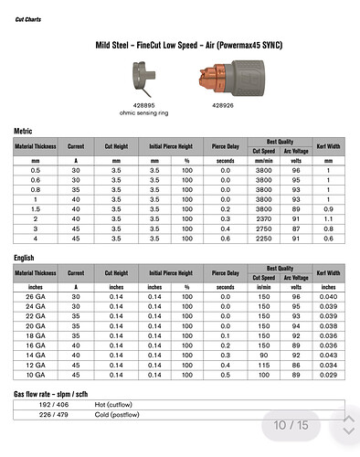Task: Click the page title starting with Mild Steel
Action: pos(189,46)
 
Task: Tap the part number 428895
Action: pos(143,105)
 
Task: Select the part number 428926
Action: pos(223,105)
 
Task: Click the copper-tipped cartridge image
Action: pos(232,79)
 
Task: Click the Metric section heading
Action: pos(23,131)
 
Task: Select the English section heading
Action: pos(24,258)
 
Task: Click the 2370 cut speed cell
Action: pos(263,219)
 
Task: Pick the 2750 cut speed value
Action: pos(263,228)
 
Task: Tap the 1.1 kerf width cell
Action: pos(328,219)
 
